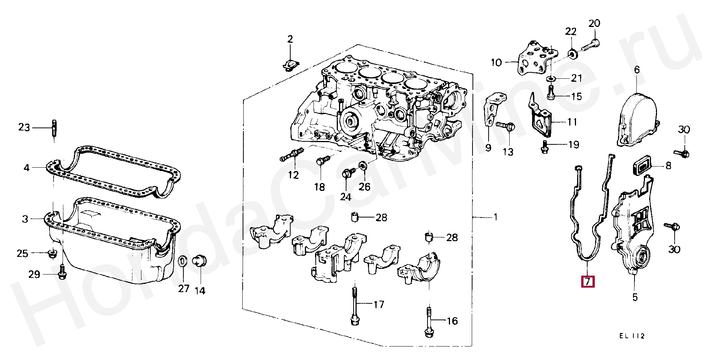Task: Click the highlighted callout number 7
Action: pyautogui.click(x=588, y=281)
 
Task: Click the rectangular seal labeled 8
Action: pyautogui.click(x=641, y=166)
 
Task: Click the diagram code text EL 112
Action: pyautogui.click(x=631, y=336)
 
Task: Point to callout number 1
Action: pyautogui.click(x=495, y=217)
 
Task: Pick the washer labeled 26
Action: pyautogui.click(x=363, y=166)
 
